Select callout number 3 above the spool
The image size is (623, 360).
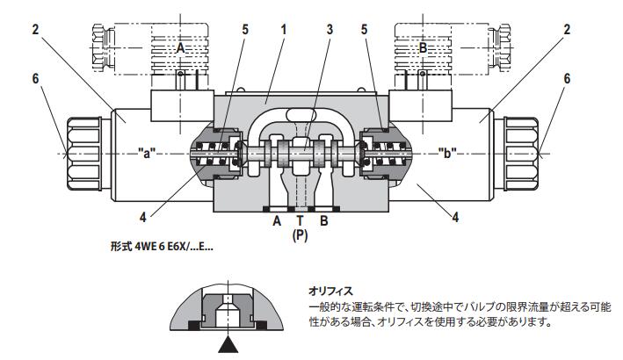[x=330, y=30]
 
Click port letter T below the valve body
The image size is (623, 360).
[x=301, y=220]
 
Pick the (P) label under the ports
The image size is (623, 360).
[x=301, y=235]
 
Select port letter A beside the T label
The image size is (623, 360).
[x=278, y=220]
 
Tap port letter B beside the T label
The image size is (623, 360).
[x=323, y=220]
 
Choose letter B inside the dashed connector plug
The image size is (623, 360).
[x=422, y=49]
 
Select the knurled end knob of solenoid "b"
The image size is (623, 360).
[x=525, y=154]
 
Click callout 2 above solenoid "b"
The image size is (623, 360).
[x=567, y=30]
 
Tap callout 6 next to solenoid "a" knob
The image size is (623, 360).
[x=35, y=77]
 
